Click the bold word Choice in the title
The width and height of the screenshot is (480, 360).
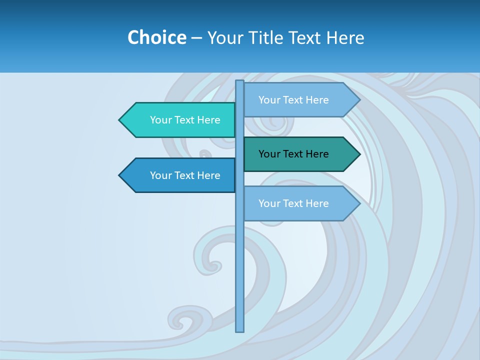click(x=156, y=37)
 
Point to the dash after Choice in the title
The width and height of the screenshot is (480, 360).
click(x=196, y=38)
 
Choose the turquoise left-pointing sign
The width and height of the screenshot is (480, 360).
click(x=180, y=120)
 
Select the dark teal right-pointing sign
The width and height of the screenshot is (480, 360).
click(x=300, y=154)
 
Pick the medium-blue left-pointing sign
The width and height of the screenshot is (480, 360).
click(x=180, y=175)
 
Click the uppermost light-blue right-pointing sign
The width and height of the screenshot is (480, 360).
click(x=300, y=100)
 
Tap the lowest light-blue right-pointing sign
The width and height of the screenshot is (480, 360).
click(x=300, y=203)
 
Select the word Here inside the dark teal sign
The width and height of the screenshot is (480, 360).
click(x=317, y=154)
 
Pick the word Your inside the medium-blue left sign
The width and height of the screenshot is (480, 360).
click(x=160, y=175)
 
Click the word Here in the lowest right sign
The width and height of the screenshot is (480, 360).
click(x=317, y=203)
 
